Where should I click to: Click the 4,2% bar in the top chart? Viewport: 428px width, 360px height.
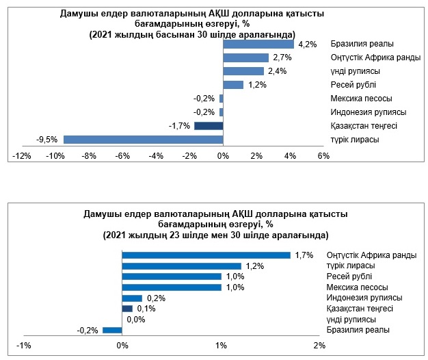click(258, 44)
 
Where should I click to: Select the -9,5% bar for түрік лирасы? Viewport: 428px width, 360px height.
click(144, 140)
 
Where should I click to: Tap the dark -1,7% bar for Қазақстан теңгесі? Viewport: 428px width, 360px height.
click(209, 126)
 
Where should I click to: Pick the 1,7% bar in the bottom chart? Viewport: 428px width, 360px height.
click(206, 255)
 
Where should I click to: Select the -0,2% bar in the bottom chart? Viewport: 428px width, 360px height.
click(112, 331)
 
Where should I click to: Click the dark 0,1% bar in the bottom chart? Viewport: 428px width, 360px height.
click(127, 309)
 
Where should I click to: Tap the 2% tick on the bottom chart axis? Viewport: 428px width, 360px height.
click(319, 344)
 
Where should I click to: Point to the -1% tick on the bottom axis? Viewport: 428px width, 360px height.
click(24, 344)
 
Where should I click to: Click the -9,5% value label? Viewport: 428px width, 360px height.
click(46, 140)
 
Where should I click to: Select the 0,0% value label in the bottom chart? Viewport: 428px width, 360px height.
click(136, 320)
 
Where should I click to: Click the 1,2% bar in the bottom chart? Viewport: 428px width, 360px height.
click(182, 266)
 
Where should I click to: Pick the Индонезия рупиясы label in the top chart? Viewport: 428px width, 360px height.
click(368, 112)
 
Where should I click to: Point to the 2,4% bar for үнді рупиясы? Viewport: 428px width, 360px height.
click(243, 71)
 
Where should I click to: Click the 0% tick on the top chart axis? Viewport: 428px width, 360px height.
click(223, 157)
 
